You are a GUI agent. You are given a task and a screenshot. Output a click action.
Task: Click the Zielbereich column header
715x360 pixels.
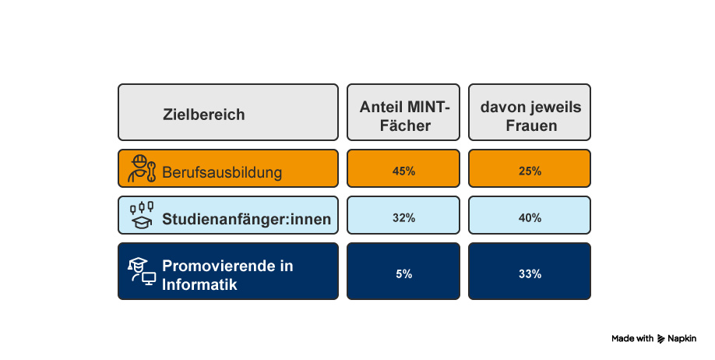pos(204,115)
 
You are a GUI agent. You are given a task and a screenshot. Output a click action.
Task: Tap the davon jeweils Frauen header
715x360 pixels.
pos(530,115)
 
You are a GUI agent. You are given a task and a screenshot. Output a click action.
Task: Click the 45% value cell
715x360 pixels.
pos(403,171)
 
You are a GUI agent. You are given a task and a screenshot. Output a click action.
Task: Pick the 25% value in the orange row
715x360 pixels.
pos(530,171)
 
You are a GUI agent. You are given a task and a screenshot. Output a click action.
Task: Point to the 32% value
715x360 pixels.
pos(403,217)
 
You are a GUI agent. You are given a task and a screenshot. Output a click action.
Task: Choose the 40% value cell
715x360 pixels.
pos(530,217)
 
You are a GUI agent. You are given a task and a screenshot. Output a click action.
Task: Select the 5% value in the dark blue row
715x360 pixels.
pos(403,274)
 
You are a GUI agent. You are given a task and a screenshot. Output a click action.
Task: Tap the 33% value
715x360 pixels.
pos(530,274)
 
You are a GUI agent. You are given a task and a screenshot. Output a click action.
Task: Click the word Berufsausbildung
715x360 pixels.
pos(222,171)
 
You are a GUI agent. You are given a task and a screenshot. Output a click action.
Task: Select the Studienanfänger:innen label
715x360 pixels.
pos(246,219)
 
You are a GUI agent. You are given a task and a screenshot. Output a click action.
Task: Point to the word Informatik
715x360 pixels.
pos(199,284)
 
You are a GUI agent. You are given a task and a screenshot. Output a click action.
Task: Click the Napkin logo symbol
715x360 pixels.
pos(661,339)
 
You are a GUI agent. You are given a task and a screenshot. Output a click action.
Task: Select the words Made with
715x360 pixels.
pos(632,339)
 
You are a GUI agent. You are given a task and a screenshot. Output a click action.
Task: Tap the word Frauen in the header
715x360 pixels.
pos(530,125)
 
